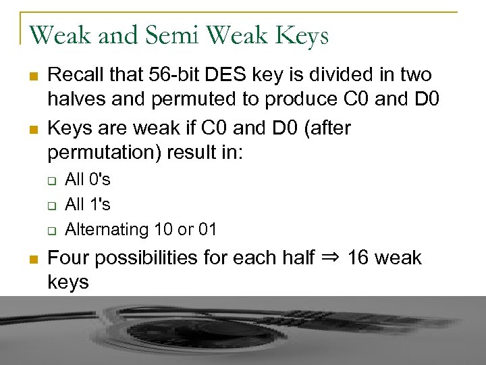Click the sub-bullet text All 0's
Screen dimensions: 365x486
(88, 180)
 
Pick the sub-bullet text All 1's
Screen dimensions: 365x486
(88, 204)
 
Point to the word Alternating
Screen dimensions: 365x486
(107, 229)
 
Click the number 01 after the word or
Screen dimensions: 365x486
(207, 229)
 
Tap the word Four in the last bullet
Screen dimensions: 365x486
(67, 258)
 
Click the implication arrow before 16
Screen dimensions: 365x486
(329, 257)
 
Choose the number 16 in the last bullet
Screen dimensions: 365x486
(358, 258)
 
